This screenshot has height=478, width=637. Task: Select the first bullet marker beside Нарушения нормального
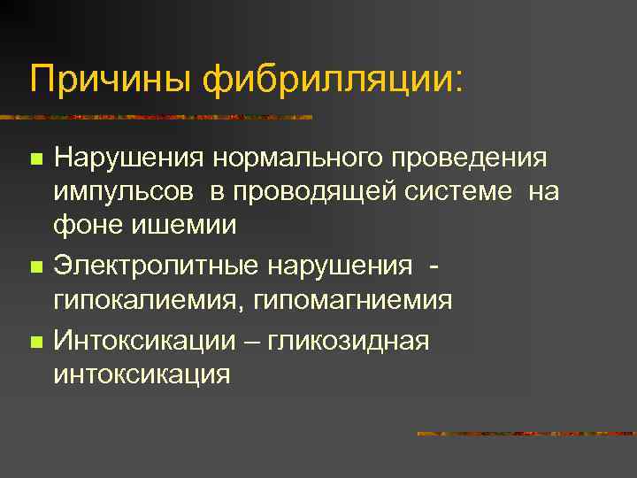pos(35,160)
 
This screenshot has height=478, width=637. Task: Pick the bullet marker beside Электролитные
pos(35,266)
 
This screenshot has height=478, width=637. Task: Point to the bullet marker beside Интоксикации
pos(35,341)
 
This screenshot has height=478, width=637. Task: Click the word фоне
pos(87,225)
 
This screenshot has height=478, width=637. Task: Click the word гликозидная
pos(353,340)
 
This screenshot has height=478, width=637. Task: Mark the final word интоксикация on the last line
pos(142,374)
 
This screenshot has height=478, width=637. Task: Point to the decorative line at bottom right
pos(526,434)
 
